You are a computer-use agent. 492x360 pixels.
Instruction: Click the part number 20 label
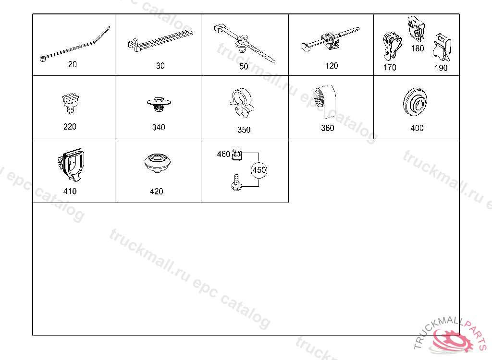click(x=73, y=64)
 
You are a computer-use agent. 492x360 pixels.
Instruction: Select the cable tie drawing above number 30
click(x=160, y=40)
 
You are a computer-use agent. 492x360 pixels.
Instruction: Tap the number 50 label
click(x=244, y=67)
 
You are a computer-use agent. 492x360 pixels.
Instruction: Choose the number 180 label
click(x=418, y=48)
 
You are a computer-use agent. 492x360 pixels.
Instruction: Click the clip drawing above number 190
click(x=442, y=48)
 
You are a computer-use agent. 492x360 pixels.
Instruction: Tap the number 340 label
click(x=159, y=127)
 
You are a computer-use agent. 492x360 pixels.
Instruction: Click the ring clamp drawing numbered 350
click(x=242, y=103)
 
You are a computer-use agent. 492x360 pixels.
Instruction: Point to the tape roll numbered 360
click(x=325, y=101)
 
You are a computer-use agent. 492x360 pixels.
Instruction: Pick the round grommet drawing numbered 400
click(x=415, y=102)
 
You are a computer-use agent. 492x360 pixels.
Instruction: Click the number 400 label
click(x=417, y=128)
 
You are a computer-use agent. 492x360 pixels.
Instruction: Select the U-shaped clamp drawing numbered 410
click(x=71, y=165)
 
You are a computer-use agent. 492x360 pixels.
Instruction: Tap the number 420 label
click(x=157, y=192)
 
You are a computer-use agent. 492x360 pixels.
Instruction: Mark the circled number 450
click(x=259, y=170)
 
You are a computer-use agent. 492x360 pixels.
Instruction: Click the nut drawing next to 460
click(x=236, y=155)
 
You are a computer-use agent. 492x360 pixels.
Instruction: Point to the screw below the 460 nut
click(x=236, y=182)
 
